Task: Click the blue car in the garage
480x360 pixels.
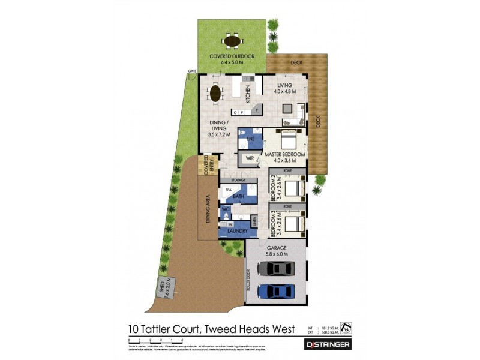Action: (x=275, y=292)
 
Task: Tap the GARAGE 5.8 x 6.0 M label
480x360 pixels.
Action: (x=275, y=249)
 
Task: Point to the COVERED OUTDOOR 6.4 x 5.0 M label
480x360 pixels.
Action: (x=232, y=59)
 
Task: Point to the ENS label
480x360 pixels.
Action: (x=251, y=139)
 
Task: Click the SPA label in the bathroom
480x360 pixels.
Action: (x=229, y=190)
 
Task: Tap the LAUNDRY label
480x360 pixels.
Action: (x=238, y=230)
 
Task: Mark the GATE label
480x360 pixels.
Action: (x=192, y=71)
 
